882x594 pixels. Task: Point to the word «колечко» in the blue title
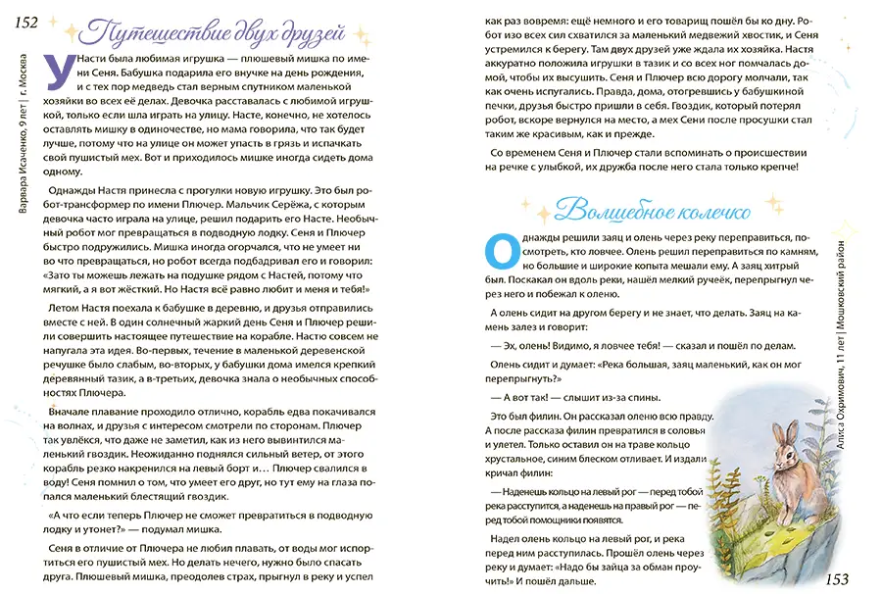(x=712, y=209)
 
